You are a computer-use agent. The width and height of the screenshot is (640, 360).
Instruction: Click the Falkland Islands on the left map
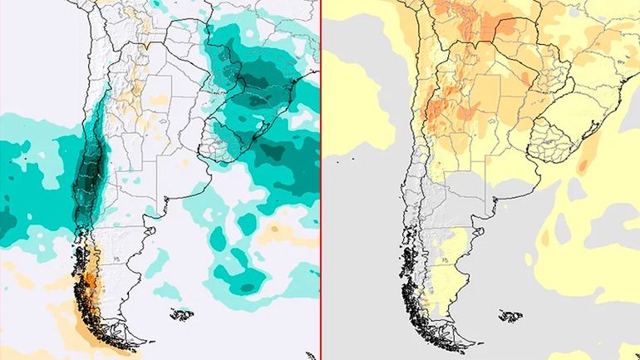coord(182,315)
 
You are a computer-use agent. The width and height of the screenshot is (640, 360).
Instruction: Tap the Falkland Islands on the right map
coord(503,315)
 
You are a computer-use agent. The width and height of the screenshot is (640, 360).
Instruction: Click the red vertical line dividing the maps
coord(320,180)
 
